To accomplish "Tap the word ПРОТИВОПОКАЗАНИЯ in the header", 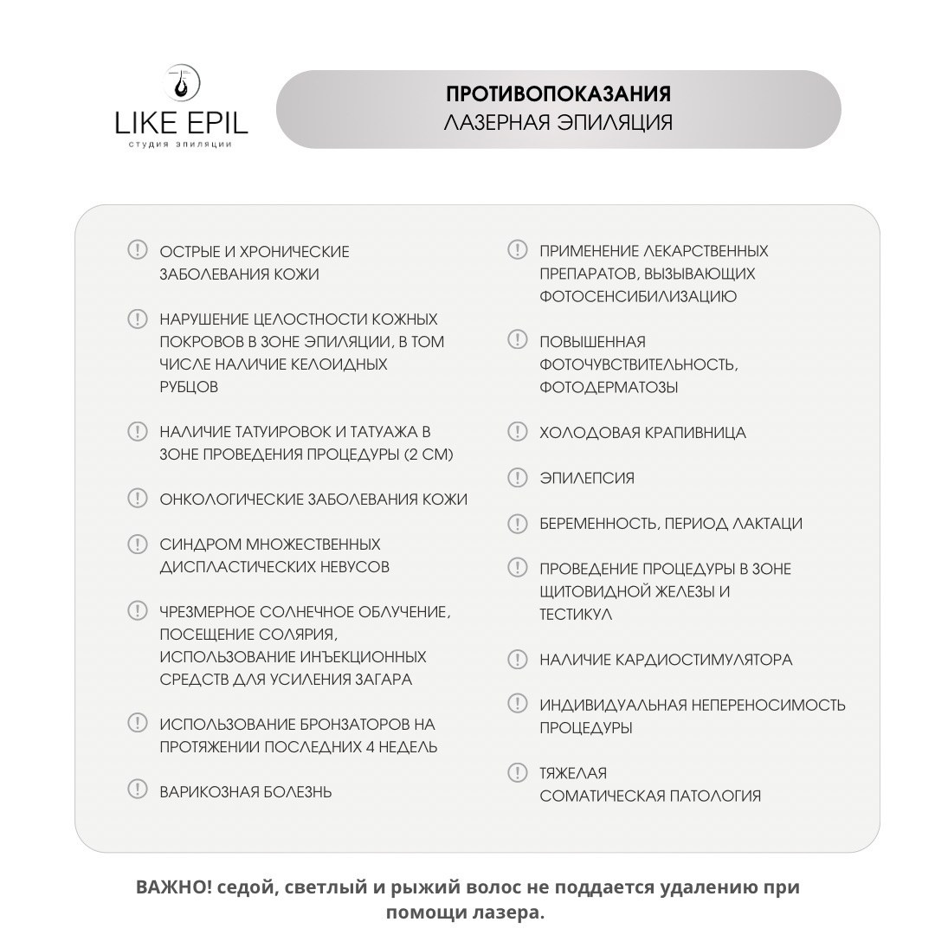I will pyautogui.click(x=558, y=93).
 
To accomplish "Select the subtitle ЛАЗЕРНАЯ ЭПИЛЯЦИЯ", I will pyautogui.click(x=558, y=122).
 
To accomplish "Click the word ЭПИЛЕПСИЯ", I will pyautogui.click(x=587, y=478).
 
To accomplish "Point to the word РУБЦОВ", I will pyautogui.click(x=189, y=387).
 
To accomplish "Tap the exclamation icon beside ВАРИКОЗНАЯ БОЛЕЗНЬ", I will pyautogui.click(x=138, y=789).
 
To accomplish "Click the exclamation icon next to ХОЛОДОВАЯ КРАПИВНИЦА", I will pyautogui.click(x=517, y=431).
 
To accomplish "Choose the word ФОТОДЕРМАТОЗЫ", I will pyautogui.click(x=609, y=387).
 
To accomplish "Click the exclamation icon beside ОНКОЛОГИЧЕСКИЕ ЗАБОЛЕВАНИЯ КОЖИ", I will pyautogui.click(x=138, y=498).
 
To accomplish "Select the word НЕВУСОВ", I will pyautogui.click(x=354, y=567).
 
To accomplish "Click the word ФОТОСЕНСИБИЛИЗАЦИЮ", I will pyautogui.click(x=638, y=296).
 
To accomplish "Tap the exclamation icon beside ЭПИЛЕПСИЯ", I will pyautogui.click(x=517, y=477).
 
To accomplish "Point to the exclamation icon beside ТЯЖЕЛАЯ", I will pyautogui.click(x=517, y=772).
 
